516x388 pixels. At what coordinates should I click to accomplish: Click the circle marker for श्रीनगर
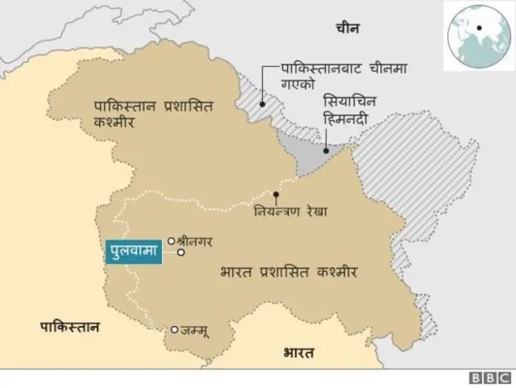171,240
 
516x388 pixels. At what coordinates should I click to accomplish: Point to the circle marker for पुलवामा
181,252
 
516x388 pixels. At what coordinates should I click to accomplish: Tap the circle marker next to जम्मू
174,329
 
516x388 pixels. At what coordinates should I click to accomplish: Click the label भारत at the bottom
299,353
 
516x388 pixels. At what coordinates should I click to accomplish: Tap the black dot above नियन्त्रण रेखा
276,194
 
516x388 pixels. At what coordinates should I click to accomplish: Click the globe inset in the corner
477,35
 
